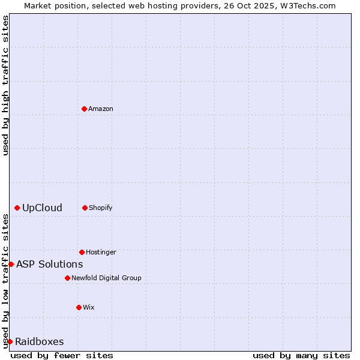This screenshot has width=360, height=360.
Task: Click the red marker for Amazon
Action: tap(84, 109)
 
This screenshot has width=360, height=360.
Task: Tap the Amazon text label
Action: tap(101, 109)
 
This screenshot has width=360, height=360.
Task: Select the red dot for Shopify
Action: tap(85, 208)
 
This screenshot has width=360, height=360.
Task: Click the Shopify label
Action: tap(101, 208)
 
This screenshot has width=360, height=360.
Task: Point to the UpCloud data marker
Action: tap(17, 208)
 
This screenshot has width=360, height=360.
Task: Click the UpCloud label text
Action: tap(42, 208)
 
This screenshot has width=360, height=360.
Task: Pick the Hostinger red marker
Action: tap(82, 252)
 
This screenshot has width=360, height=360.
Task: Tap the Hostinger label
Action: tap(101, 252)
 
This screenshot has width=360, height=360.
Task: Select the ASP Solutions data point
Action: tap(11, 264)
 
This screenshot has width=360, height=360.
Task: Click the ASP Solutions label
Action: tap(49, 264)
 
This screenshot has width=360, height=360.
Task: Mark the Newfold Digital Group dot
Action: tap(67, 278)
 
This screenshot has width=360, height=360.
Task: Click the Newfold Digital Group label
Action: tap(106, 278)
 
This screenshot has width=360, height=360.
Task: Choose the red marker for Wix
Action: tap(79, 307)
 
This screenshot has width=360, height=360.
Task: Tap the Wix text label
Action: tap(89, 307)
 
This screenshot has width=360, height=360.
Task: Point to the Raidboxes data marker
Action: tap(10, 341)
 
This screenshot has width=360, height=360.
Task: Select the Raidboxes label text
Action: tap(40, 342)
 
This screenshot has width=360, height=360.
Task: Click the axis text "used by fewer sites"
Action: tap(62, 355)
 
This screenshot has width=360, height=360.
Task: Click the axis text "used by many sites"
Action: tap(301, 355)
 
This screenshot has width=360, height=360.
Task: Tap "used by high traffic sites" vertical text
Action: tap(5, 85)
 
